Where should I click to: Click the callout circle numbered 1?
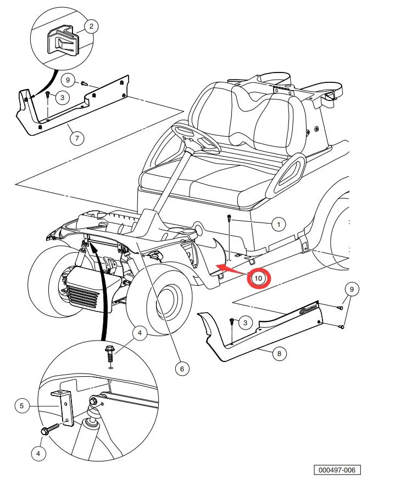279,225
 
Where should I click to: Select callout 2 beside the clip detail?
91,26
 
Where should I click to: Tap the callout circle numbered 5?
21,406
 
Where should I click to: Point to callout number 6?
182,369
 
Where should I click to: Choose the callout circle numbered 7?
77,138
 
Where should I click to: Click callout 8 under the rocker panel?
279,353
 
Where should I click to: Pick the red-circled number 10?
258,279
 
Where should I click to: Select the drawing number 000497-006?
337,470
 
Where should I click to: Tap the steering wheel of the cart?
196,137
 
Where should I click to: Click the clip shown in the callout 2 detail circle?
63,41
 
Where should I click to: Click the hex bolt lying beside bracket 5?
50,429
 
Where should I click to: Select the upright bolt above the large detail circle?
110,354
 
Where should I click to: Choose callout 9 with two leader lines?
352,289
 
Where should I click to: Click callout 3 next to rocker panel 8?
245,322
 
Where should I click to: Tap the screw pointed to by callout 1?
229,238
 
